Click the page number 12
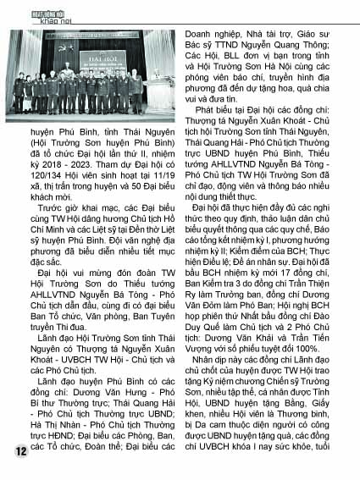(19, 450)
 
